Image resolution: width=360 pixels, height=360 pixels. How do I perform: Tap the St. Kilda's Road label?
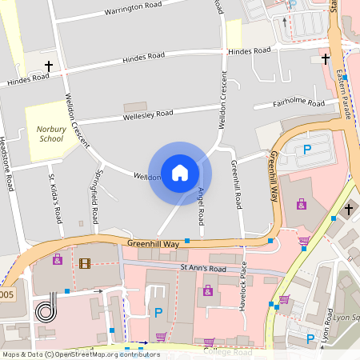click(x=55, y=199)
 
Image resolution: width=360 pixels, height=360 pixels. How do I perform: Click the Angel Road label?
click(x=201, y=206)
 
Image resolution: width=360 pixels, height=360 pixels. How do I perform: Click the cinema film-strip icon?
click(x=84, y=263)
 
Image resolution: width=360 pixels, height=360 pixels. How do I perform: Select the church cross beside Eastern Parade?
click(x=326, y=58)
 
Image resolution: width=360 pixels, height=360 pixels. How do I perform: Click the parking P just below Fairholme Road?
click(x=306, y=150)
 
